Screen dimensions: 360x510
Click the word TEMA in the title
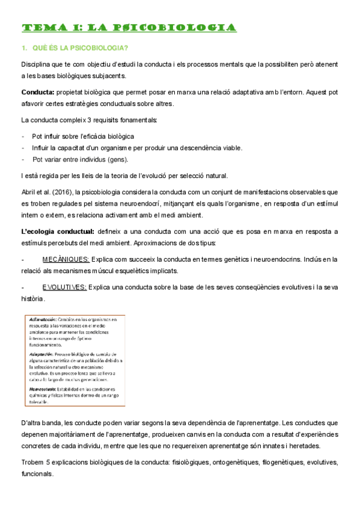[38, 28]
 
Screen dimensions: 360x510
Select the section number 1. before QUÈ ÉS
[24, 48]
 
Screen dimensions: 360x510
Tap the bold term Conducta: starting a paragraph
[37, 92]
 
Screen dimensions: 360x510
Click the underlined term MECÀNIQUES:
[66, 259]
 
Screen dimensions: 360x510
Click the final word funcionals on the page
[37, 473]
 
